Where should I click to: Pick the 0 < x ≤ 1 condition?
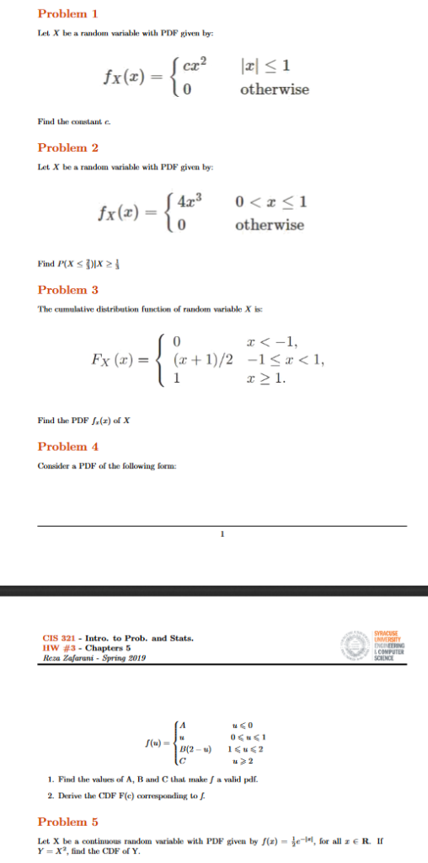pos(269,202)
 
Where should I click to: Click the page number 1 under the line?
pos(222,533)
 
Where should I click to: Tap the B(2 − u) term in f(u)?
pos(196,747)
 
